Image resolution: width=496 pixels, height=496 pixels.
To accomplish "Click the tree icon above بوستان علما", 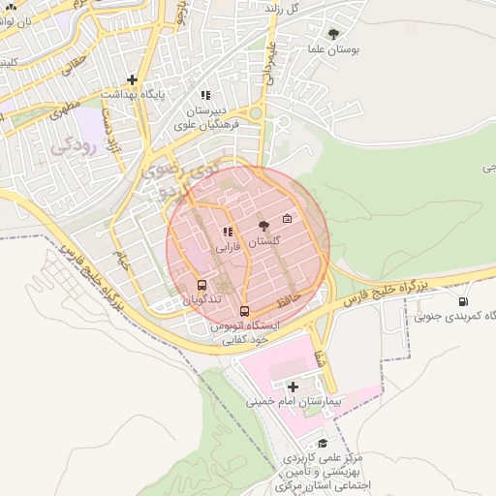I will [x=334, y=33].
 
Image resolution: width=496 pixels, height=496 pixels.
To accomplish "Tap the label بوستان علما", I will [x=334, y=48].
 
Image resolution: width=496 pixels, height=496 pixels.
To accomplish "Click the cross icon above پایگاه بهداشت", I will [x=132, y=79].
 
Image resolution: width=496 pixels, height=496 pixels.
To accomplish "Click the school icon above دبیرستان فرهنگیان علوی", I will [x=204, y=95].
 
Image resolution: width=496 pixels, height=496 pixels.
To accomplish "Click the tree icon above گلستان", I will [x=264, y=225].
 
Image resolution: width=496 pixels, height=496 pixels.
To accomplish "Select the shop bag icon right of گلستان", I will [x=287, y=218].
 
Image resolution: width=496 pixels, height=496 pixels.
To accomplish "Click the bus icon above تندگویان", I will [x=201, y=285].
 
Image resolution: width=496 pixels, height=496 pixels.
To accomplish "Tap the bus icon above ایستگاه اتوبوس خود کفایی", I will [x=244, y=311].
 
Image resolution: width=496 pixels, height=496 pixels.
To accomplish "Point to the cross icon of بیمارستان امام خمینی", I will [x=293, y=387].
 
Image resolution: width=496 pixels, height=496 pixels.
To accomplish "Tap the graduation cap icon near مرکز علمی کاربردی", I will [x=323, y=443].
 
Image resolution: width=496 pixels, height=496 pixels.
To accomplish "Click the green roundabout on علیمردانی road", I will [x=256, y=113].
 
